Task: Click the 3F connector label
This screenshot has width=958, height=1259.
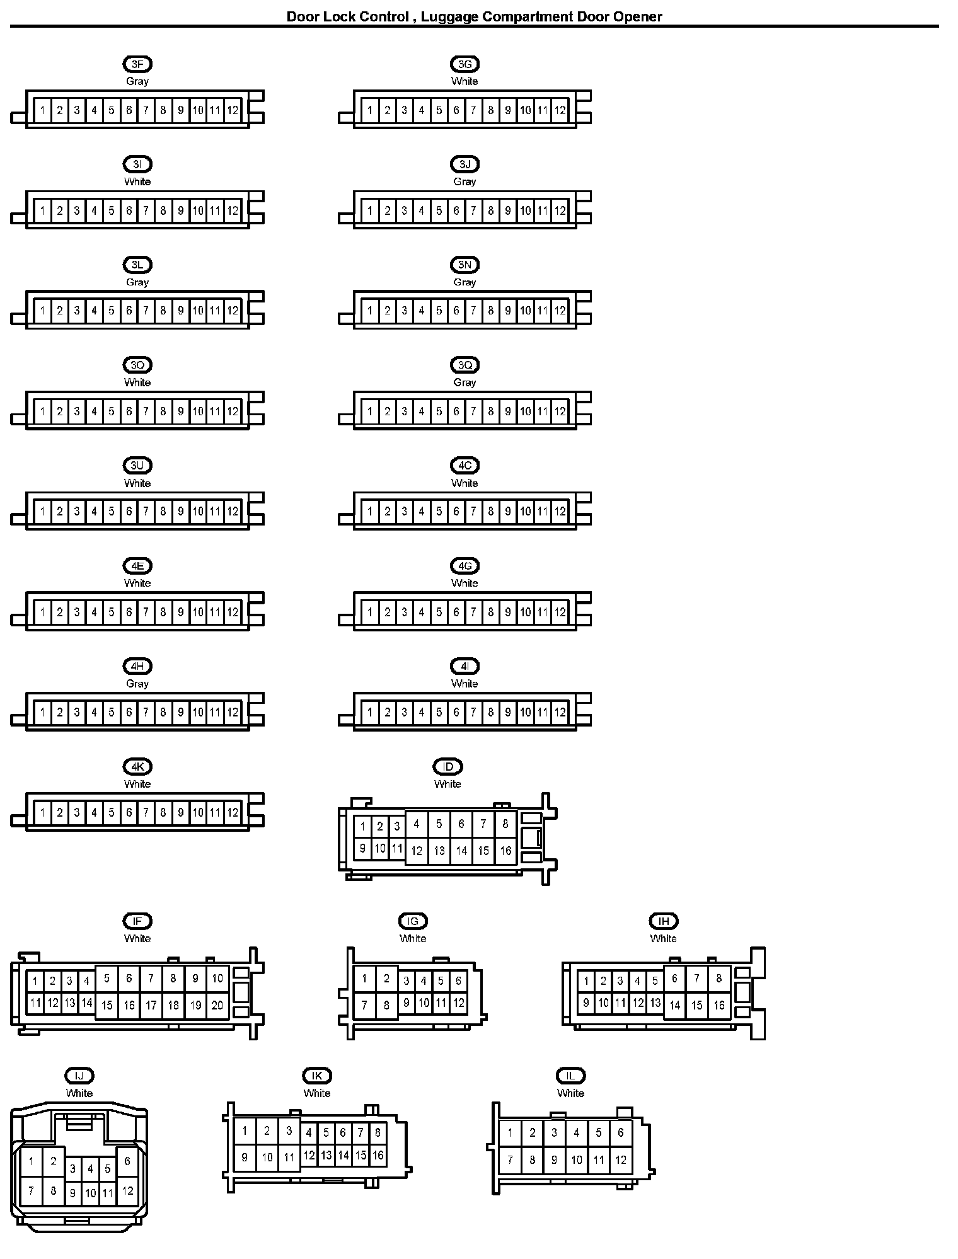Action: pos(137,64)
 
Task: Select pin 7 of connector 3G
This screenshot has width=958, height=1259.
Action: pos(473,110)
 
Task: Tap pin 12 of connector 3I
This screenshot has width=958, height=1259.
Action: pos(233,210)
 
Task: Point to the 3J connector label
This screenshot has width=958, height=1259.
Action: pos(465,164)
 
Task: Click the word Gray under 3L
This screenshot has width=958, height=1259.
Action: pos(137,282)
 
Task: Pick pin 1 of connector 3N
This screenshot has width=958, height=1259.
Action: pos(370,311)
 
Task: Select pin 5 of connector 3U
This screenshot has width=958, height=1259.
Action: pos(112,512)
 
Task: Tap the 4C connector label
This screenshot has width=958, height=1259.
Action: pos(465,466)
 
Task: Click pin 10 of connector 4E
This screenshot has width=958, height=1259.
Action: pos(198,612)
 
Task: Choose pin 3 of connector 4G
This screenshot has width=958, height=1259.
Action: pos(405,612)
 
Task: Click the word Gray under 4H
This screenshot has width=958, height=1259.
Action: pos(137,684)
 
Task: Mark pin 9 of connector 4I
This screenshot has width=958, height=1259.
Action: pos(508,713)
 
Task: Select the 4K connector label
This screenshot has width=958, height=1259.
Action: pos(137,767)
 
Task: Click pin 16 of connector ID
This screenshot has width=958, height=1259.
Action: pos(505,851)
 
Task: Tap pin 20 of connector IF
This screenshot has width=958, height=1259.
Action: pos(217,1005)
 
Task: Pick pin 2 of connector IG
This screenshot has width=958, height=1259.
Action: pos(386,979)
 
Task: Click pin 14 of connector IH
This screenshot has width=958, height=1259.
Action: pos(675,1005)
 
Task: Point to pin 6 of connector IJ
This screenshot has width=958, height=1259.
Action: pos(127,1161)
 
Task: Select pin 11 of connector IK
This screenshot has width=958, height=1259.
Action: pos(289,1158)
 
